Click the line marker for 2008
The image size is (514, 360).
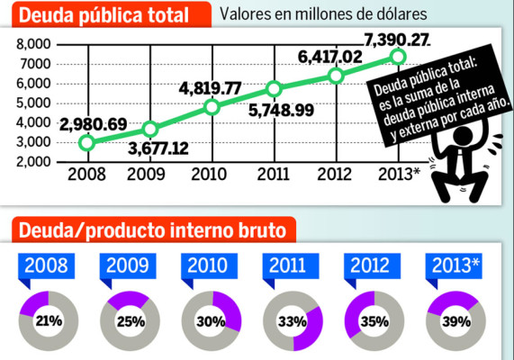coord(86,142)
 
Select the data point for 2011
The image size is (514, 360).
coord(275,89)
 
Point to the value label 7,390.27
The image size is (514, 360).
coord(396,40)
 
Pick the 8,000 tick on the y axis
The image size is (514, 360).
coord(31,45)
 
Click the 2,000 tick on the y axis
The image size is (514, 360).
coord(31,162)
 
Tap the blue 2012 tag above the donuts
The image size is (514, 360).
coord(373,265)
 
